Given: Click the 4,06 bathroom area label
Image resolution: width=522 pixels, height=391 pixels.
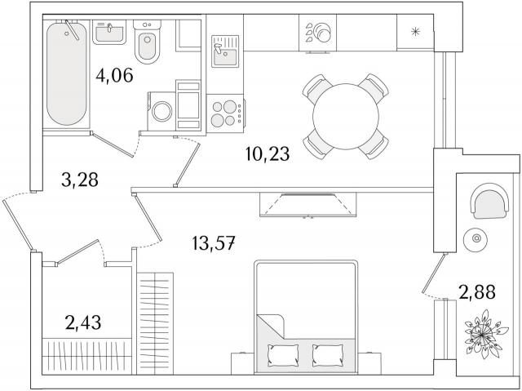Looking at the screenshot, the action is tap(114, 75).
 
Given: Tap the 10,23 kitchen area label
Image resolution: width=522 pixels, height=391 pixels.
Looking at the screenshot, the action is tap(268, 153).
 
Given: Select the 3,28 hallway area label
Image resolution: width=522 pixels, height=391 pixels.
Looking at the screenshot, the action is tap(80, 180).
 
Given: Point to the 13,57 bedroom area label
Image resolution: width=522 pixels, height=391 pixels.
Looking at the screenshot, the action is tap(214, 242).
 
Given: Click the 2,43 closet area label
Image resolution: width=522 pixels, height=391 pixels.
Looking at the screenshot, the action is tap(83, 322).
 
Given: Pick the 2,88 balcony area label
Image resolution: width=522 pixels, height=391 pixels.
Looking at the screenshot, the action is tap(477, 292).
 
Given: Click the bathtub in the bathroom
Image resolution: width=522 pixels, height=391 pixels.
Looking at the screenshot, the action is tap(67, 73).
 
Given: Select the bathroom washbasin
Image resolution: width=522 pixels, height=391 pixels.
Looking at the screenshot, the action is tap(109, 33).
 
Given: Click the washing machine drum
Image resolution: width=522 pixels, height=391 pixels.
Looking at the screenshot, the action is tap(161, 111).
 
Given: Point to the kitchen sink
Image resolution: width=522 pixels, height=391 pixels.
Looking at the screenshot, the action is tap(225, 51).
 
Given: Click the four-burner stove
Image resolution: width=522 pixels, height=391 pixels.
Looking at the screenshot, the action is tap(226, 113).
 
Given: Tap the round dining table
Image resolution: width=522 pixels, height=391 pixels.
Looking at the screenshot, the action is tap(346, 116).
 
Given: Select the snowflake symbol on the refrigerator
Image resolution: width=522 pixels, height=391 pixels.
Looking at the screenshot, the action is tap(415, 32).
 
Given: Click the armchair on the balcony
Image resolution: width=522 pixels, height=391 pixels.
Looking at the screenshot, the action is tap(489, 201).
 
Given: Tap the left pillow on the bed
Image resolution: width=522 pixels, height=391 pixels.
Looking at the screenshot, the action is tap(283, 355).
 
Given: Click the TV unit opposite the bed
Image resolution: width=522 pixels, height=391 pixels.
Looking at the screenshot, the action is tap(308, 205).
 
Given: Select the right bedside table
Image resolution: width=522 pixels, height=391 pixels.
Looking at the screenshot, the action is tap(368, 363).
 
